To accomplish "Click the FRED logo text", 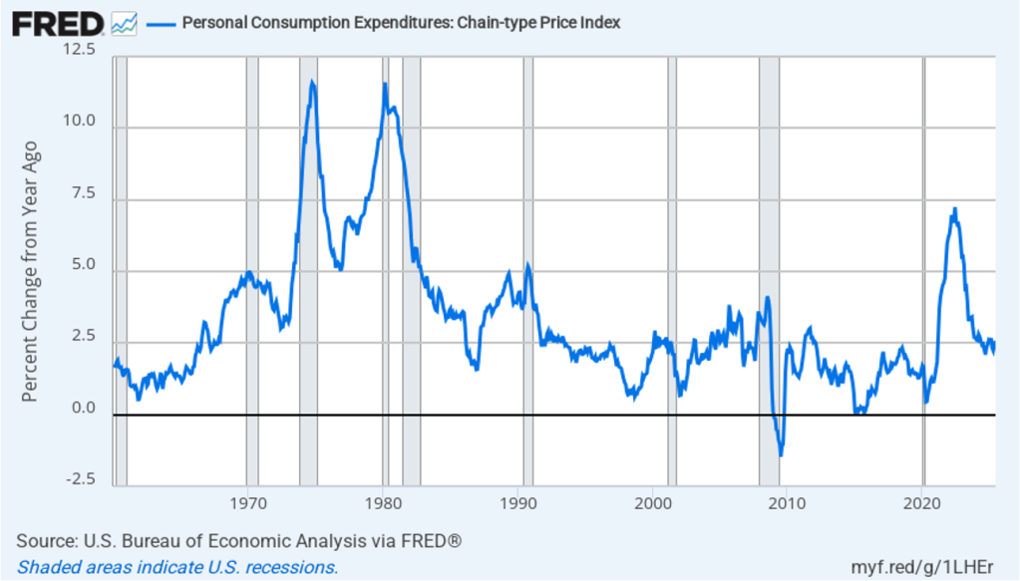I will pos(56,23).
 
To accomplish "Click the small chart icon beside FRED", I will pos(125,23).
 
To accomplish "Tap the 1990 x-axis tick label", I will pos(518,502).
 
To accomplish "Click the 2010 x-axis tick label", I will pos(788,502).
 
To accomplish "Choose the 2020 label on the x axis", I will pos(922,502).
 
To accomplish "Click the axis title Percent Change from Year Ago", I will pos(30,271).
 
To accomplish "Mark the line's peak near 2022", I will pos(954,208).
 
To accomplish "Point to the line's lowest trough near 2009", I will pos(781,455).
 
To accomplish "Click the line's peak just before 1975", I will pos(312,82).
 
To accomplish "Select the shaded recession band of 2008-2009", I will pos(769,269).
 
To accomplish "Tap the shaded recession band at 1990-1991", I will pos(528,269).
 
